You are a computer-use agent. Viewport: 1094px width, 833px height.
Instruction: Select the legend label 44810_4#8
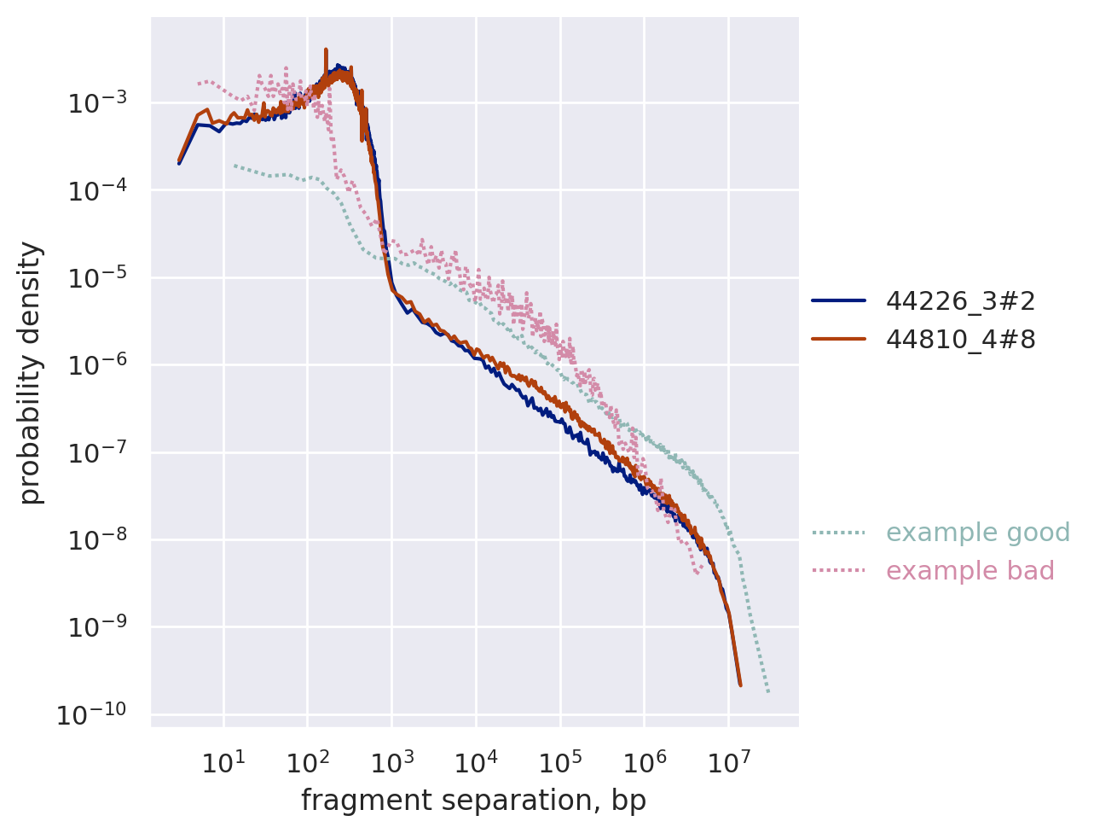(960, 340)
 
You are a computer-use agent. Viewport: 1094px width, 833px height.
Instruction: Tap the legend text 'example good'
(977, 533)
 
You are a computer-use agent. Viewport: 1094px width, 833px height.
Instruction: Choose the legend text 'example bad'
(970, 571)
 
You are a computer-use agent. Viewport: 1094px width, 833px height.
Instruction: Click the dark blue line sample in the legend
(838, 300)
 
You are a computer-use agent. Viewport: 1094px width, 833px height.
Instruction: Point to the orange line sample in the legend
(838, 340)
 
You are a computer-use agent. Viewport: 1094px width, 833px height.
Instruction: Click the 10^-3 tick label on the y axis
(97, 103)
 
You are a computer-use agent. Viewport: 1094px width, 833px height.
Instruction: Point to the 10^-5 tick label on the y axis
(97, 278)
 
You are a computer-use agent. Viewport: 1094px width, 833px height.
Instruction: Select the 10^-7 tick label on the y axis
(97, 452)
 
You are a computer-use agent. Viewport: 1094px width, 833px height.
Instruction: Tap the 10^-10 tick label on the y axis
(92, 714)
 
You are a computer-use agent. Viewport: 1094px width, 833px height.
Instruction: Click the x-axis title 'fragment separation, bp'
(473, 801)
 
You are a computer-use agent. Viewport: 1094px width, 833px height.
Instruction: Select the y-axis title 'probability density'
(31, 372)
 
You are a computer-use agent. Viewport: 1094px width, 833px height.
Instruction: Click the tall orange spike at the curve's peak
(326, 51)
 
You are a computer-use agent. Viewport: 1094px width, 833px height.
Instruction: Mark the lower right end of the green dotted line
(768, 690)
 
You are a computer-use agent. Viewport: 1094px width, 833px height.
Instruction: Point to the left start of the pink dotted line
(199, 83)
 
